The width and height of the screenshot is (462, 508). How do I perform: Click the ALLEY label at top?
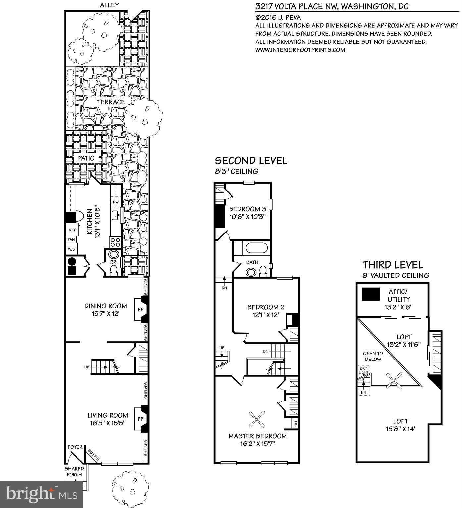point(109,5)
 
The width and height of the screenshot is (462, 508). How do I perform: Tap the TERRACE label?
point(111,102)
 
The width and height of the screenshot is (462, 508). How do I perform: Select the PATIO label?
point(86,158)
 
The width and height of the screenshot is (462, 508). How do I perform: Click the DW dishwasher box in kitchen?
point(116,202)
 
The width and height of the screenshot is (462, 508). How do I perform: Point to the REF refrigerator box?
point(72,230)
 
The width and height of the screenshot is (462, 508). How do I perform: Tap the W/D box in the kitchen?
point(71,249)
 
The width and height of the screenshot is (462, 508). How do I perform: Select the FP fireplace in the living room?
point(140,419)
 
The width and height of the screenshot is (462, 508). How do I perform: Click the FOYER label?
point(75,447)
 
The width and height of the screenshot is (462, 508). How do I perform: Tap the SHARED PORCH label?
point(74,471)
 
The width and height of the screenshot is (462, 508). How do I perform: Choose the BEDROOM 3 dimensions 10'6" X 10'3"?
point(247,217)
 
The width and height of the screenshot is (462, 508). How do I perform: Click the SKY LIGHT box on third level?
point(364,370)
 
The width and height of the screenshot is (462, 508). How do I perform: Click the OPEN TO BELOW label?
point(373,356)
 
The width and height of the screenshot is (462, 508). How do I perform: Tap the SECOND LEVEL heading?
point(251,161)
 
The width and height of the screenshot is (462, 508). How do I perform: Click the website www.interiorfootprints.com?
point(300,50)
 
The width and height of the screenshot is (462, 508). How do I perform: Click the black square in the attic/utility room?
point(370,294)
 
